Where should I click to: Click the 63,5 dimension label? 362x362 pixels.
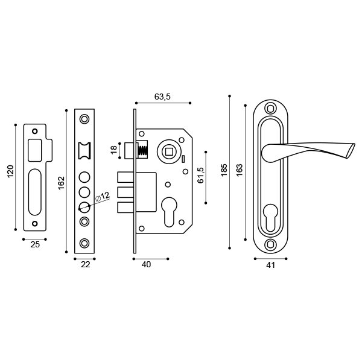tap(163, 97)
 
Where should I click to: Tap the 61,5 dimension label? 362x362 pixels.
tap(201, 175)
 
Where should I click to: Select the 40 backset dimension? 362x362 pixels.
tap(145, 264)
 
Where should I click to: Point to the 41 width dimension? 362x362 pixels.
tap(270, 264)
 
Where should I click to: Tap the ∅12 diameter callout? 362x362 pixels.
tap(101, 196)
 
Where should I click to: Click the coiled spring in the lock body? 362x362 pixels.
tap(144, 151)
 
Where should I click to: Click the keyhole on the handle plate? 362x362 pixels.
tap(270, 217)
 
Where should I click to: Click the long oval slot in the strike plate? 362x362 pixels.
tap(34, 191)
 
